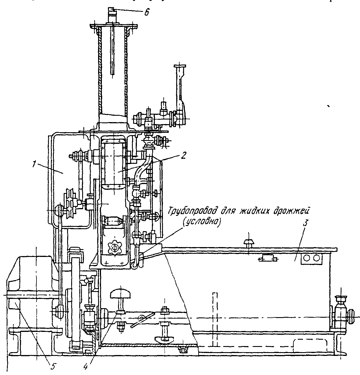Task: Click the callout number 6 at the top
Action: click(x=147, y=13)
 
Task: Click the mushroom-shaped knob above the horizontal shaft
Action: click(x=121, y=295)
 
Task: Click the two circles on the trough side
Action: click(x=312, y=258)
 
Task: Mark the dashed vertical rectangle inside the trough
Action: click(x=214, y=318)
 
